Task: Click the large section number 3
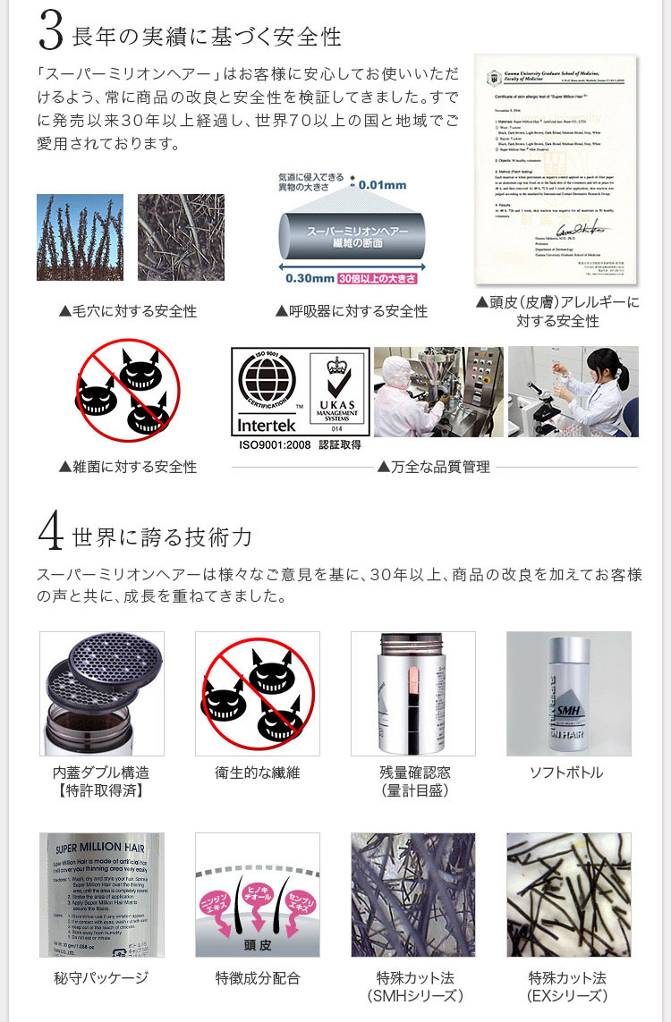pyautogui.click(x=51, y=31)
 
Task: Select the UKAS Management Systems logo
pyautogui.click(x=337, y=392)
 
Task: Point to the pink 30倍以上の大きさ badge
pyautogui.click(x=377, y=278)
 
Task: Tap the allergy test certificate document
pyautogui.click(x=555, y=167)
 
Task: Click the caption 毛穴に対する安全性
pyautogui.click(x=128, y=311)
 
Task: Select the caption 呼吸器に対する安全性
pyautogui.click(x=352, y=311)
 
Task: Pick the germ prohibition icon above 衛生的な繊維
pyautogui.click(x=258, y=693)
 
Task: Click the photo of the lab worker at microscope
pyautogui.click(x=573, y=392)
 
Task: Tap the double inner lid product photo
pyautogui.click(x=102, y=693)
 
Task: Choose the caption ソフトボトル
pyautogui.click(x=567, y=773)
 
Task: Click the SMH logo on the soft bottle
pyautogui.click(x=570, y=712)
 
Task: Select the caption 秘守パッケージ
pyautogui.click(x=101, y=978)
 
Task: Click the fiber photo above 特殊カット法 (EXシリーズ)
pyautogui.click(x=568, y=894)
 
